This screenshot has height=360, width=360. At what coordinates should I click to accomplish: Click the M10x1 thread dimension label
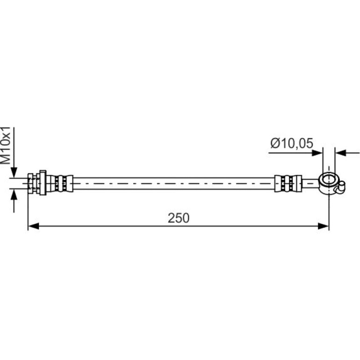[x=6, y=145]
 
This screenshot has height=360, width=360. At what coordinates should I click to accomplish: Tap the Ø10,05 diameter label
[x=292, y=143]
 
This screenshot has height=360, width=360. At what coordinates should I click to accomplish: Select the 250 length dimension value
[x=179, y=218]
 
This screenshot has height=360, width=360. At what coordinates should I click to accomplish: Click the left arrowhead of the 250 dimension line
[x=33, y=226]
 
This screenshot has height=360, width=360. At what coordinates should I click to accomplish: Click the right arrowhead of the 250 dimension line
[x=324, y=226]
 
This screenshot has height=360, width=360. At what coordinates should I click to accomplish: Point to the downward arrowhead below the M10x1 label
[x=14, y=173]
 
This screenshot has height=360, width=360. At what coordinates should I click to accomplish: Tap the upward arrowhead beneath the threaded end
[x=14, y=194]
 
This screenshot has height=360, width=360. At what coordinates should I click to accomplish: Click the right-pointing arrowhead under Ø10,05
[x=317, y=153]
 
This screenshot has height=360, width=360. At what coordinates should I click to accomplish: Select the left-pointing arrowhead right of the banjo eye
[x=340, y=153]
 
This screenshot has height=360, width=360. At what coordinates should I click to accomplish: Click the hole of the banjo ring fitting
[x=329, y=179]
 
